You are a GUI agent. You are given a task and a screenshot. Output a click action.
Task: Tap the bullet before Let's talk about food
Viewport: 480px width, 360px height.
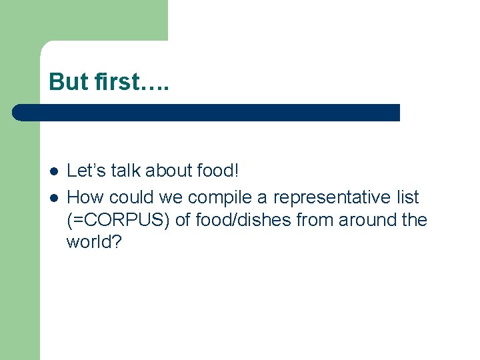click(x=53, y=171)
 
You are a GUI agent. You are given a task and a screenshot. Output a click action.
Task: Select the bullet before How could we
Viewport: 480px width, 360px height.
click(x=53, y=197)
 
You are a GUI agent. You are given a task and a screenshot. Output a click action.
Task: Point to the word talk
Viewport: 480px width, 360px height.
click(x=127, y=171)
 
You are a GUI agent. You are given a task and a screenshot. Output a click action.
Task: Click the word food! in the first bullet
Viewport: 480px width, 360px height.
click(x=217, y=171)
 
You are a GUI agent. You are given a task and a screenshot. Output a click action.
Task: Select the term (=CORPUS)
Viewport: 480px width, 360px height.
click(x=118, y=220)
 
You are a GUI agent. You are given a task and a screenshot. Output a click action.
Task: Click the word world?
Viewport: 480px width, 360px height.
click(x=94, y=242)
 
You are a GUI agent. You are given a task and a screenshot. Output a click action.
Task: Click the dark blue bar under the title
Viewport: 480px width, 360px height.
click(x=213, y=112)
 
